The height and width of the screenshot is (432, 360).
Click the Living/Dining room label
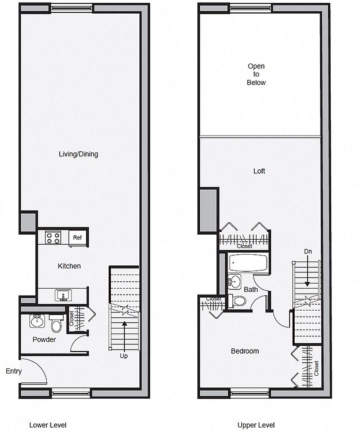point(79,154)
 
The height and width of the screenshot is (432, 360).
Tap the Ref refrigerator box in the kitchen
point(78,237)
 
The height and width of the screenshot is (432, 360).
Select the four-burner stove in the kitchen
point(53,238)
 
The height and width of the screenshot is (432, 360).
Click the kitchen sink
point(63,295)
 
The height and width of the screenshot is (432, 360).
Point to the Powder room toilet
point(56,323)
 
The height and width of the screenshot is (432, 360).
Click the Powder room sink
point(37,321)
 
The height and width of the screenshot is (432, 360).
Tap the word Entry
point(13,371)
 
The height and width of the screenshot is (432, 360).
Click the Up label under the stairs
point(124,356)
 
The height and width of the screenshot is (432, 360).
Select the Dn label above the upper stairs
point(308,251)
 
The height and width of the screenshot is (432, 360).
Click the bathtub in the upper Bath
point(248,263)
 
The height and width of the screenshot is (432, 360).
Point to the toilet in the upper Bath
point(237,301)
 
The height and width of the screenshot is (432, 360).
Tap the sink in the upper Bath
point(235,282)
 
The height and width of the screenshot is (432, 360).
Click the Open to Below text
point(256,74)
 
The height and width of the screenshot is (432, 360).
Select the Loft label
point(259,171)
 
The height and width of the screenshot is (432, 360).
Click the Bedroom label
point(245,351)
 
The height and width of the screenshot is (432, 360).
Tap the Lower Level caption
point(48,425)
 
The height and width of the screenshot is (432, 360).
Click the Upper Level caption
point(256,425)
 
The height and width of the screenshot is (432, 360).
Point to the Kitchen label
point(69,266)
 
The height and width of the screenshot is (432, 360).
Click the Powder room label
point(44,339)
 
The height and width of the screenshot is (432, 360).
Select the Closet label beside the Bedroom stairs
point(317,368)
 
